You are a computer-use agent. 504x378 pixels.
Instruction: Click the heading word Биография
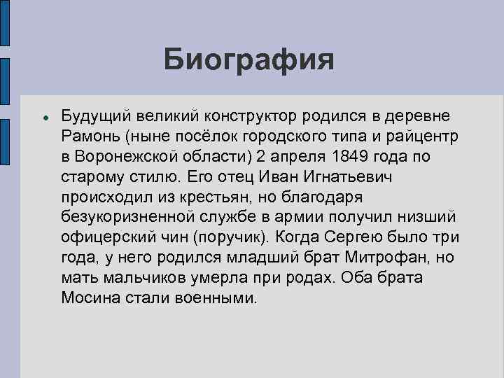pyautogui.click(x=250, y=59)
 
